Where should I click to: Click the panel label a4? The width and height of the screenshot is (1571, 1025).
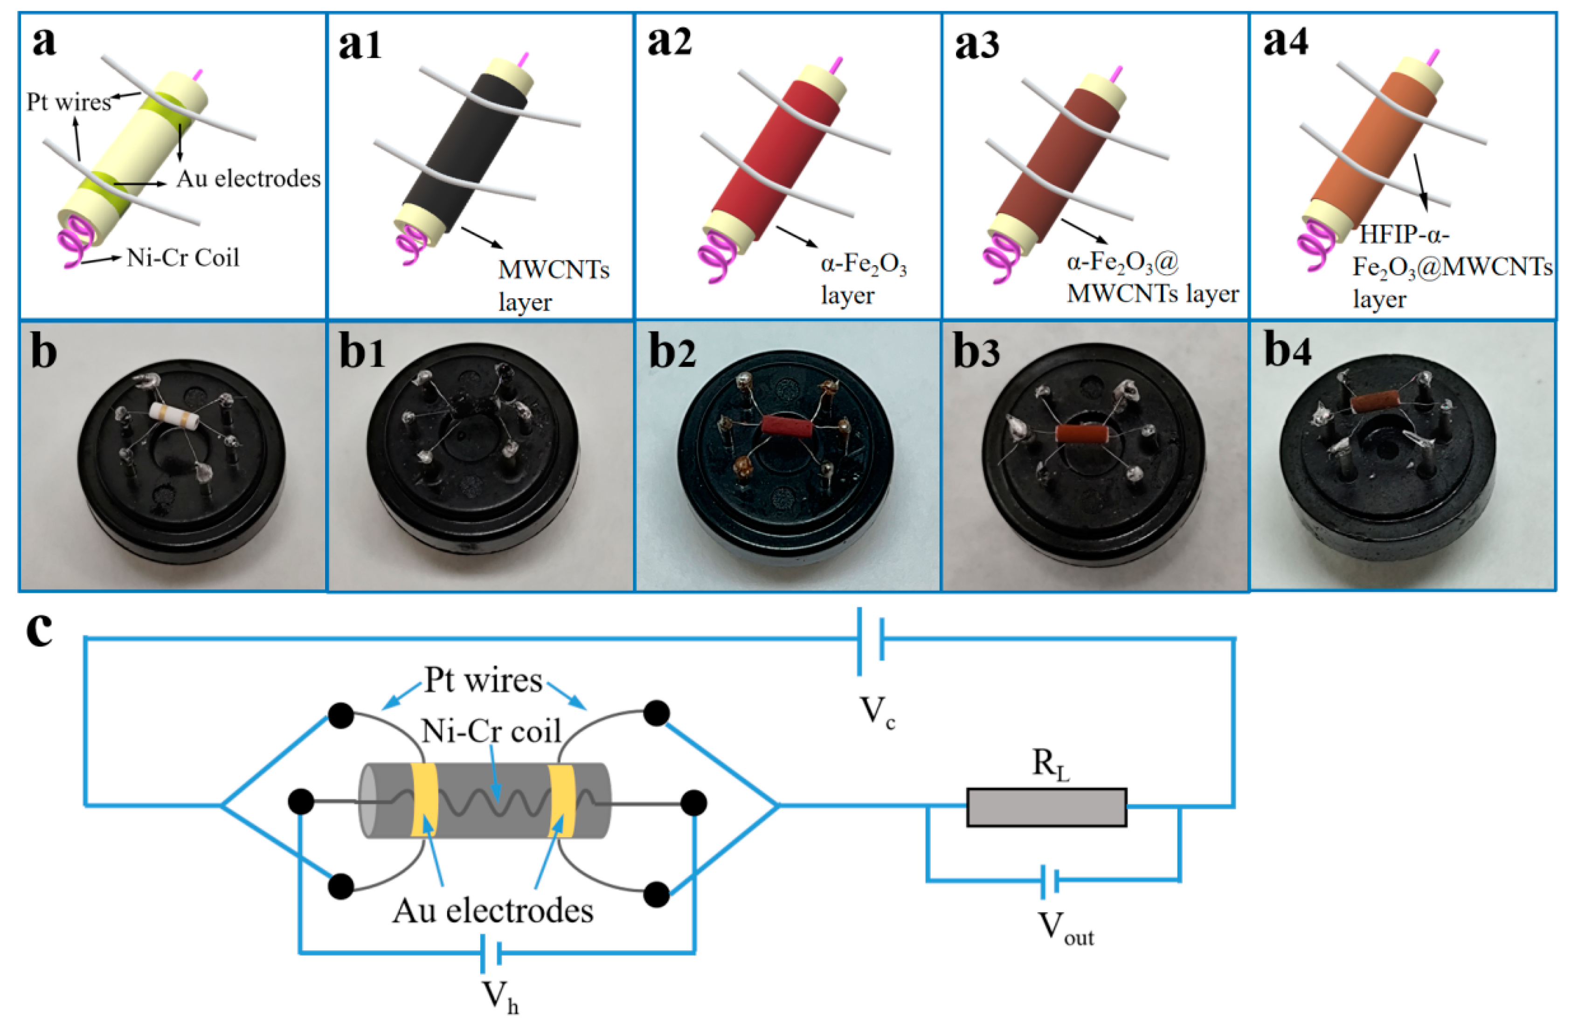1285,41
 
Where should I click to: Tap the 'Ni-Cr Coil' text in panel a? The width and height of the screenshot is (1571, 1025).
183,257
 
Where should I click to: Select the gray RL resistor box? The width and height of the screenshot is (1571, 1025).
1046,806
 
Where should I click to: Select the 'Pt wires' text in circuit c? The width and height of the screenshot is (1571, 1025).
483,680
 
